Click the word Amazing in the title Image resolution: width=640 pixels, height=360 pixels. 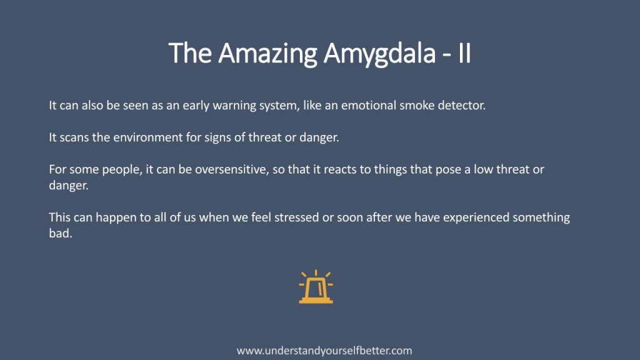(267, 54)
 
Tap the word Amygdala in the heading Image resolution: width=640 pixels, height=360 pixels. (379, 54)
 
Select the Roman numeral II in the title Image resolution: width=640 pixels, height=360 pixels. (464, 53)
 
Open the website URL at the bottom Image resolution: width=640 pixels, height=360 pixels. (324, 351)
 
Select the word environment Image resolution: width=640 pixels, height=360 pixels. (148, 137)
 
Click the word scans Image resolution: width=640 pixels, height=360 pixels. (74, 137)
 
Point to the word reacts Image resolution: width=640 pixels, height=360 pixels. (339, 170)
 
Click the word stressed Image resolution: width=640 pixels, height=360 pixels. (297, 217)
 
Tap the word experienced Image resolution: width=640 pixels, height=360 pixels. (476, 218)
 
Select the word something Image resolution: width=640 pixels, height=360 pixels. (541, 218)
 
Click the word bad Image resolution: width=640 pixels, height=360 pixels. (61, 234)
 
